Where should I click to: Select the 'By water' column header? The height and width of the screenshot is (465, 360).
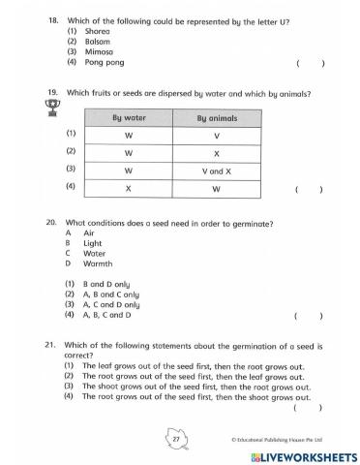[129, 118]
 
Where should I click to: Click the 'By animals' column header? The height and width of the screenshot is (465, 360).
[217, 118]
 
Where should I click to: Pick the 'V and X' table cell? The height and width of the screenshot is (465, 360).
[217, 170]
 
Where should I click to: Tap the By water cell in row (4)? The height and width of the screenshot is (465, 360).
[129, 187]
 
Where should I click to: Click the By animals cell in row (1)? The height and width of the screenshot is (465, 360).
[217, 136]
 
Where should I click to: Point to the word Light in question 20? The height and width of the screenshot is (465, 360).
[93, 243]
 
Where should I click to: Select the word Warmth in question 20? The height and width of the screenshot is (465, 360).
[98, 263]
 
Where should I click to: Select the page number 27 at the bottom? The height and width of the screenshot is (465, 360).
[176, 439]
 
